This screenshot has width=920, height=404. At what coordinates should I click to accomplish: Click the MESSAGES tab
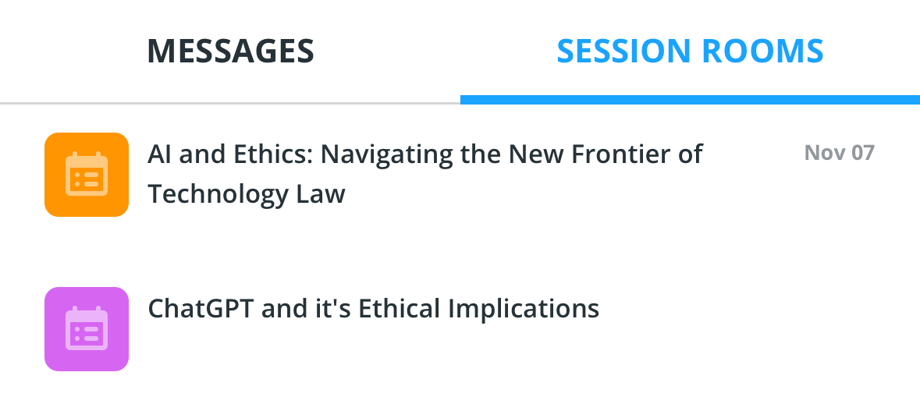[x=231, y=51]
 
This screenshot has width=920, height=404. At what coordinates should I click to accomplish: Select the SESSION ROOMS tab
[x=690, y=51]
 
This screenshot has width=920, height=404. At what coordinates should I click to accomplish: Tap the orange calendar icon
[x=87, y=175]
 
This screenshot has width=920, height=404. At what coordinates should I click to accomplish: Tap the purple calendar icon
[x=87, y=329]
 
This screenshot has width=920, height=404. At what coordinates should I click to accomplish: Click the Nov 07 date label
[x=839, y=152]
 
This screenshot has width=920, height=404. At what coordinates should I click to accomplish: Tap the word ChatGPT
[x=201, y=308]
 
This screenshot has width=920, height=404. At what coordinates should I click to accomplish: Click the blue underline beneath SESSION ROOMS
[x=690, y=100]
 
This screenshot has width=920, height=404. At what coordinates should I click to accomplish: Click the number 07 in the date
[x=862, y=152]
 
